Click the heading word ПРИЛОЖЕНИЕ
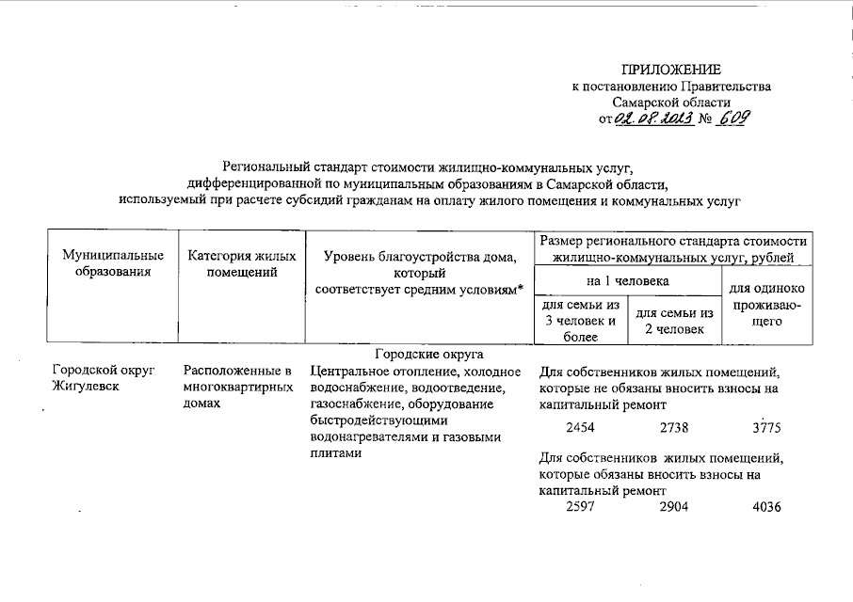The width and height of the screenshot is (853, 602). coord(670,70)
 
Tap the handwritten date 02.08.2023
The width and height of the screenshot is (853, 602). coord(653,119)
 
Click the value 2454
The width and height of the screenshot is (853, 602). coord(582,428)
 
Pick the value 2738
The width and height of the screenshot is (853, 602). coord(674,428)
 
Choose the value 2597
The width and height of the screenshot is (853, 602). coord(582,508)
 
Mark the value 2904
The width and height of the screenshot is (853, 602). coord(674,508)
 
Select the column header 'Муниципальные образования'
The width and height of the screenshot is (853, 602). coord(113,263)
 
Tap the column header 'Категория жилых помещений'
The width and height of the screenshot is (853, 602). coord(241,263)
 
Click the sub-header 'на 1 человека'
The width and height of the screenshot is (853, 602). coord(627,280)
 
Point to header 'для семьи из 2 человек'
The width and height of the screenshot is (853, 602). coord(674,321)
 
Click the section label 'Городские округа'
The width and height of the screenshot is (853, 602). coord(428,354)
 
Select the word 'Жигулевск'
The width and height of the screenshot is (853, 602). coord(86,387)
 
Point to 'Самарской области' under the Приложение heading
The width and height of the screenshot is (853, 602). coord(670,102)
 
